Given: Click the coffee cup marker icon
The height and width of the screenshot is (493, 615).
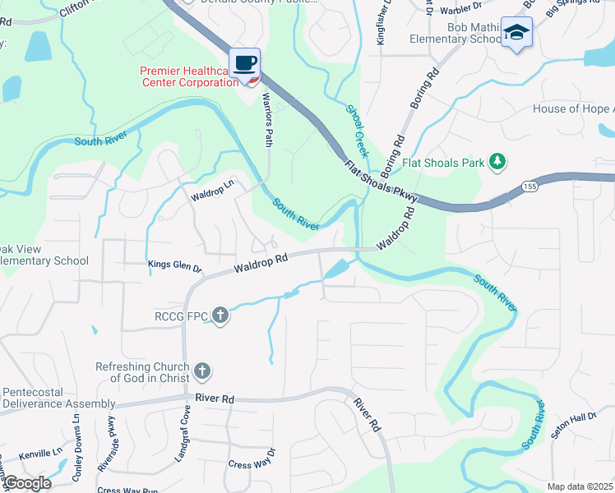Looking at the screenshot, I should coord(245,63).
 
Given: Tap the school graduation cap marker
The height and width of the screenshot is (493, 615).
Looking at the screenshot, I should coord(516,32).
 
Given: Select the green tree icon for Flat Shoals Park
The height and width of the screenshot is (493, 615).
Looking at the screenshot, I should coord(497,162).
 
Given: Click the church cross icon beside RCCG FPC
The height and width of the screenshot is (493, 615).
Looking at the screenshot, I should coord(220,315).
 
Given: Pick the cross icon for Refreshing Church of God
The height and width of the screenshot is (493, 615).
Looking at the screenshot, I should coord(201,372).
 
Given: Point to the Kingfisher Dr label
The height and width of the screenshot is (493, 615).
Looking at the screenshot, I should coord(381,24).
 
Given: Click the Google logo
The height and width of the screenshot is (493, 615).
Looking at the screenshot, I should coord(26,483).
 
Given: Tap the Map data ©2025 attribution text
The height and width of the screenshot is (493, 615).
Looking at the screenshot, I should coord(579,486).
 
